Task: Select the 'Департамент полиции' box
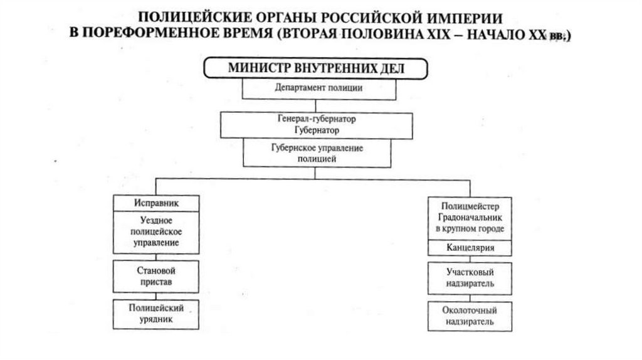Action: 318,88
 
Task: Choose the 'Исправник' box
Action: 156,204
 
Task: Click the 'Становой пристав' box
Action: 155,277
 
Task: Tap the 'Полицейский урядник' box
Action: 155,314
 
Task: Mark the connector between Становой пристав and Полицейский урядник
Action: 155,295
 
